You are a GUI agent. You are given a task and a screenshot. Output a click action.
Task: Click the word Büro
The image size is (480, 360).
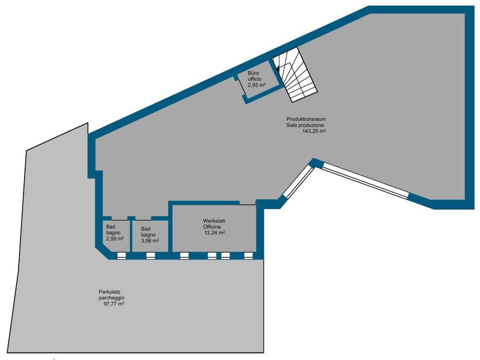coord(253,73)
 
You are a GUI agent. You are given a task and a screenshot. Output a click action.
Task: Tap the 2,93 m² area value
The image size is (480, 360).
coord(256,85)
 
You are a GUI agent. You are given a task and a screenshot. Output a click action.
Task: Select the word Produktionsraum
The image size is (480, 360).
coord(306,119)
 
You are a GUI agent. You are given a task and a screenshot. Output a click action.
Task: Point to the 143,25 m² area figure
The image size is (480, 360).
coord(314,131)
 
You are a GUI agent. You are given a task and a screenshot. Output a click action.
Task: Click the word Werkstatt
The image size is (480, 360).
coord(214,221)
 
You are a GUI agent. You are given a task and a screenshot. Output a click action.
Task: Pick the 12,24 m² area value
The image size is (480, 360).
coord(215,232)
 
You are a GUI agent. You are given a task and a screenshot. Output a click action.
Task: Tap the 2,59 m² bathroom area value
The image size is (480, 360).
coord(115,239)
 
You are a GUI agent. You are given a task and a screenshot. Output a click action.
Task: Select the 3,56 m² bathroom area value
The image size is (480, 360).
coord(150,240)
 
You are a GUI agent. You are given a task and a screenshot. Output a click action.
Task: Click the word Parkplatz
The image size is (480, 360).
coord(107,292)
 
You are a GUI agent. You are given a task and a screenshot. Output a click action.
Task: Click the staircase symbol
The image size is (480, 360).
coord(295,75)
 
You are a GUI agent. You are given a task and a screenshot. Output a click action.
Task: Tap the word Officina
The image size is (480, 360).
coord(211,227)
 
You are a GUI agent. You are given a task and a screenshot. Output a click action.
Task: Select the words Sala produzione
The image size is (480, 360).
coord(305,125)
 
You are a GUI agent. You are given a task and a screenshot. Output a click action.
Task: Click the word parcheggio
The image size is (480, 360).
coord(112,298)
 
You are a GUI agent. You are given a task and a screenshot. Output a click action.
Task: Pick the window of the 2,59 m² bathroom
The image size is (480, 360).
coord(121,256)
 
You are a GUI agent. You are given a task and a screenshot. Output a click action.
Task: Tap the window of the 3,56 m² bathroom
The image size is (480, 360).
coord(150,256)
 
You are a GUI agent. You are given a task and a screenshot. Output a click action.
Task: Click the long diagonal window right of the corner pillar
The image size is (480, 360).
coord(366,181)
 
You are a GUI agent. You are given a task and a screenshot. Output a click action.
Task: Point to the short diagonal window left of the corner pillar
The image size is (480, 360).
coord(298,181)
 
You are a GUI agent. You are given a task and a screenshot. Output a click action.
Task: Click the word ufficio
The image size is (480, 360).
coord(255,79)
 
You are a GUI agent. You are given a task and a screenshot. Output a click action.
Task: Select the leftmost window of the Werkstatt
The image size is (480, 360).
coord(184,256)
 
